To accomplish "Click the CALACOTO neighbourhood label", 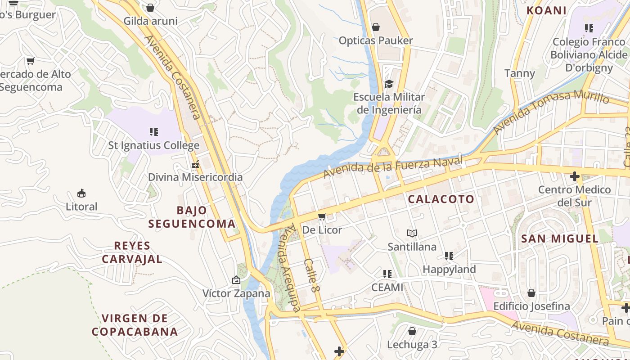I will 441,199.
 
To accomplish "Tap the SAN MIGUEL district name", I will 560,238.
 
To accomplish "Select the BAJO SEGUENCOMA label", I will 192,217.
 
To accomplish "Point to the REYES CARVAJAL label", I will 132,252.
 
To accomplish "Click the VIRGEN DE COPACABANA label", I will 135,325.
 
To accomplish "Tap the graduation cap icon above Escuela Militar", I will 389,84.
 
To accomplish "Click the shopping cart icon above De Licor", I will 322,217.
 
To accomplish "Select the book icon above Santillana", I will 412,233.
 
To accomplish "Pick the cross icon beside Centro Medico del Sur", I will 574,176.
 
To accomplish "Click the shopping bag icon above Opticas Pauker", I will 376,27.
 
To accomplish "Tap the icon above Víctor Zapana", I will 236,280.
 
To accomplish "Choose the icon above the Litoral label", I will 81,193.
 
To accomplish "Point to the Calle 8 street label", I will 311,275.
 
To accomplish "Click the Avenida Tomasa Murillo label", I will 551,112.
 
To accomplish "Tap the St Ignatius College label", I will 153,145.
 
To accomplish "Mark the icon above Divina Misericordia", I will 195,165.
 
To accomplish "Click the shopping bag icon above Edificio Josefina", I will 531,293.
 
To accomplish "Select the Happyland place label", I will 449,269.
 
